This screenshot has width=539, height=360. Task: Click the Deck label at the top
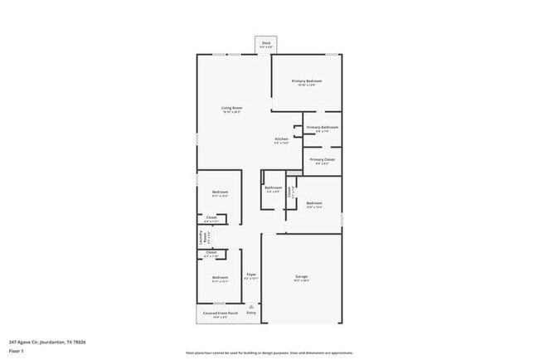[266, 43]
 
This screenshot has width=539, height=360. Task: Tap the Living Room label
[231, 108]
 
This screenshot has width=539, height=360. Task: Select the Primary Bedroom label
[307, 81]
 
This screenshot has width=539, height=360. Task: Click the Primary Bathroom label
[323, 128]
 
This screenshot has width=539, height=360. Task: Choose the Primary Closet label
[321, 159]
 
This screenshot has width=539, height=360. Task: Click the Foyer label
[250, 275]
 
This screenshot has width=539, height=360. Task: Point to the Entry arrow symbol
[251, 306]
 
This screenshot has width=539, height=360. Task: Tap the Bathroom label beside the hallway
[274, 188]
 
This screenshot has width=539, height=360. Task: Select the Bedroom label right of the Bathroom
[314, 203]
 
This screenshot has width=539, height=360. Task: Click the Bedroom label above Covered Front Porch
[220, 277]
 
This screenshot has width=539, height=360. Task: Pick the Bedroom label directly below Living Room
[220, 192]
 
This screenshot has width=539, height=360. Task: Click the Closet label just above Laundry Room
[211, 218]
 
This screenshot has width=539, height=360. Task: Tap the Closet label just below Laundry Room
[211, 252]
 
